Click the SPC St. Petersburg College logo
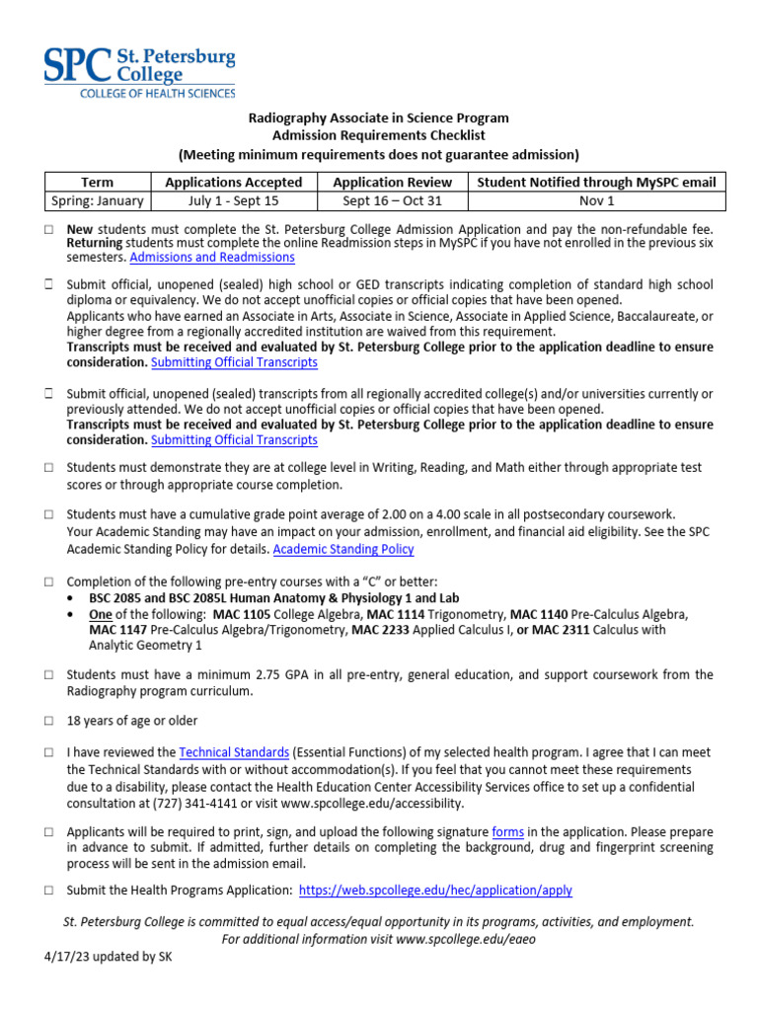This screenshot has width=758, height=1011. [138, 70]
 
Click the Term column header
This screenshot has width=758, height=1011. [97, 182]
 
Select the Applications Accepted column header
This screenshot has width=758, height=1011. [234, 182]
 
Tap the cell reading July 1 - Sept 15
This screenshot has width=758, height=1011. [234, 200]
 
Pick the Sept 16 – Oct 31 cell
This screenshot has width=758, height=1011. [392, 200]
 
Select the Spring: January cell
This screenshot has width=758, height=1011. [97, 200]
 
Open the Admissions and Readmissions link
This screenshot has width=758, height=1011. [212, 257]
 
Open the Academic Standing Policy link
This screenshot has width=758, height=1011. [343, 549]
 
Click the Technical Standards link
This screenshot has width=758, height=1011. [234, 751]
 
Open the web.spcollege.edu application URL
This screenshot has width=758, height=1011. [435, 890]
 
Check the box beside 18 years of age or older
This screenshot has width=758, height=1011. [48, 721]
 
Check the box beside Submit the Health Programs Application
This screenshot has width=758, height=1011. [48, 891]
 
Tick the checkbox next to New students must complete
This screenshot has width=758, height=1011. [48, 229]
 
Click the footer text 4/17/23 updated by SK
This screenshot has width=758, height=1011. [109, 957]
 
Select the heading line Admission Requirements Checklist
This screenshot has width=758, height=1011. [379, 136]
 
